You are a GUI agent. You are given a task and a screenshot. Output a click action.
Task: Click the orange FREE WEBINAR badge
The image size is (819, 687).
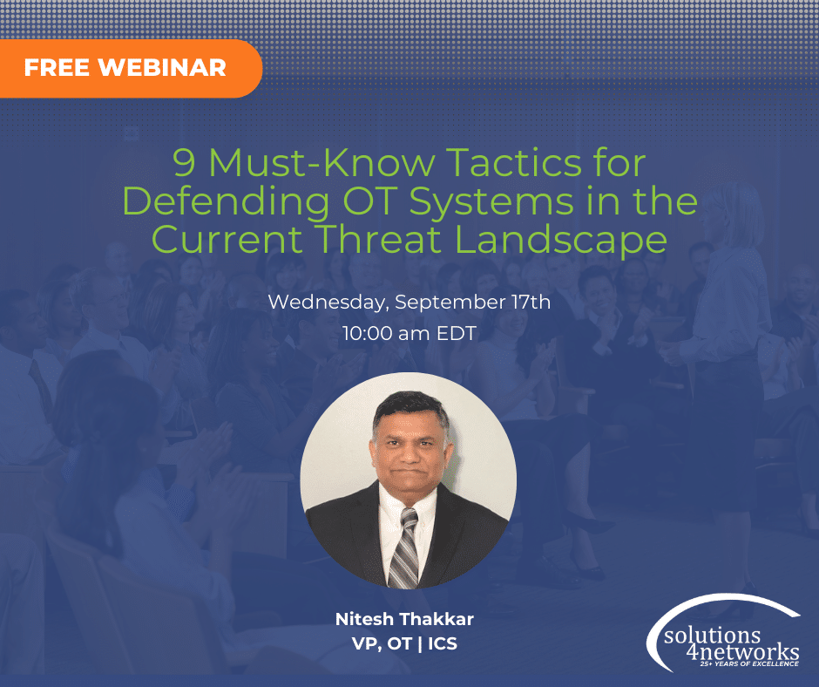point(126,67)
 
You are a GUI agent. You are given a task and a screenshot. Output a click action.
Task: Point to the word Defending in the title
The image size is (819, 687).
point(232,201)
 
